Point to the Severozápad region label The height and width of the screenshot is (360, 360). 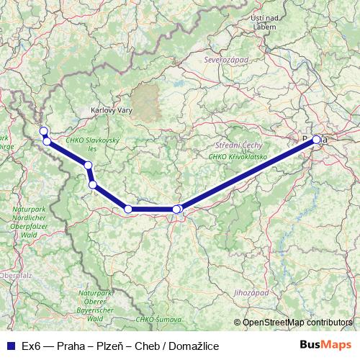click(226, 60)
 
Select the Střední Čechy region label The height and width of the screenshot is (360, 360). click(228, 146)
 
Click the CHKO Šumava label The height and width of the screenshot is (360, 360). click(154, 318)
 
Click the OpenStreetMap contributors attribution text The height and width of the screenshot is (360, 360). click(297, 323)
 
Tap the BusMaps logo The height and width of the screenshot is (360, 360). click(327, 346)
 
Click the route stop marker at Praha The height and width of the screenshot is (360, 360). click(316, 140)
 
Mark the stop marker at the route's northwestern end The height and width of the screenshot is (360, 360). click(43, 130)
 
